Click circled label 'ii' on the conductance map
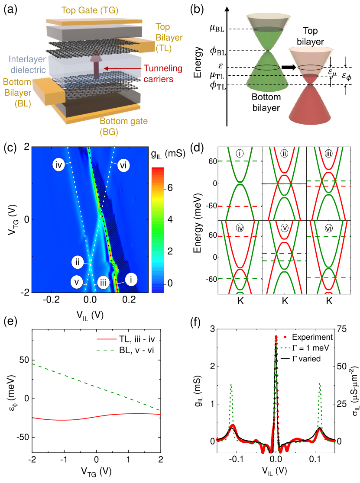click(x=77, y=262)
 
